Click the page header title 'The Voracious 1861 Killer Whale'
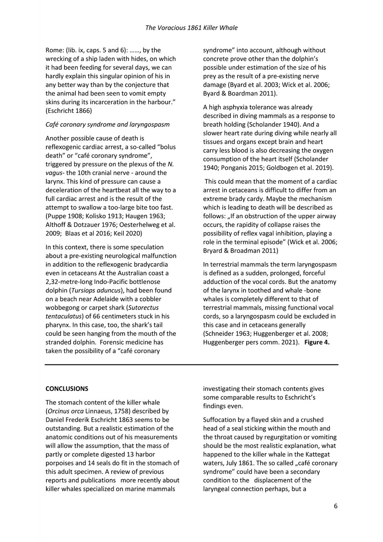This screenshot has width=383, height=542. (191, 28)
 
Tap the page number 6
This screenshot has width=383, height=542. (336, 506)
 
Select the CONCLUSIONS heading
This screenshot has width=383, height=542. (67, 389)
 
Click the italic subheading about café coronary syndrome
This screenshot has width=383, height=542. (107, 125)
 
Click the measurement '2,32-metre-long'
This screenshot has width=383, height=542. (68, 282)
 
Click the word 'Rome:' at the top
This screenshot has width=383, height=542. (54, 50)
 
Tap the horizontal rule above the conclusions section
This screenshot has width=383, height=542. (191, 365)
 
